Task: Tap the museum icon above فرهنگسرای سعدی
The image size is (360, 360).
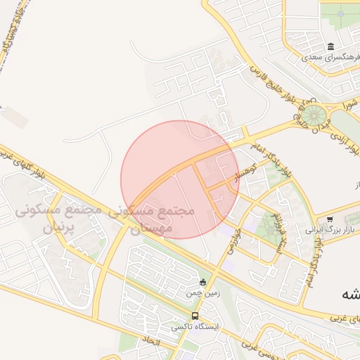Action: [x=331, y=46]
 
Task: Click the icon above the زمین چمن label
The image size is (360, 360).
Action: [x=204, y=283]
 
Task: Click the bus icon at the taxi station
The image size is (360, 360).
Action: [x=195, y=316]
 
